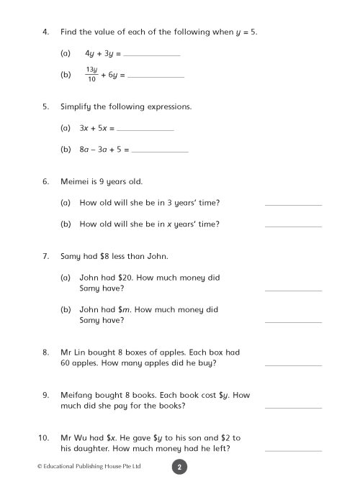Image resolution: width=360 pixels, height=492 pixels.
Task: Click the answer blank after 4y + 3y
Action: point(152,55)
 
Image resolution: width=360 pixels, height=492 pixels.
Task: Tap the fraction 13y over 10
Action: point(91,74)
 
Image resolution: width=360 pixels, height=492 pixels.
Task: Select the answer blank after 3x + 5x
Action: point(145,129)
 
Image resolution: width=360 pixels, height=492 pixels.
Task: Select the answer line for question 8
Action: point(293,365)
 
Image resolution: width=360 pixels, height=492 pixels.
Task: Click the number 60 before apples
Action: point(68,363)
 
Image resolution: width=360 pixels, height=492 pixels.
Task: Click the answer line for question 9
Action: point(293,407)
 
